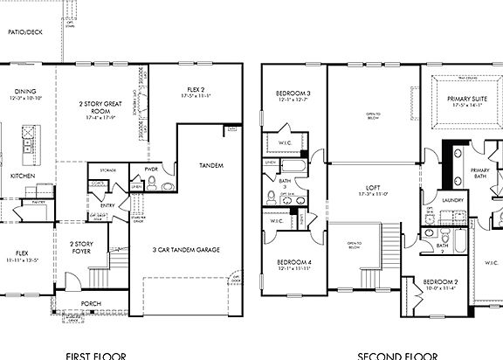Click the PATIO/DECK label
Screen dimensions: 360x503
click(x=24, y=31)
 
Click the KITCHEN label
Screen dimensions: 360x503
click(x=22, y=176)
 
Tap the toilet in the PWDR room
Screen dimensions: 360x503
click(x=151, y=183)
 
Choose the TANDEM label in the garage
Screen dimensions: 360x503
click(x=210, y=165)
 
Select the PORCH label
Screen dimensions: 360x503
click(x=90, y=303)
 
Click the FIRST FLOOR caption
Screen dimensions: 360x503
click(x=96, y=355)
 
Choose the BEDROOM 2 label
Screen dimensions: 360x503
click(x=439, y=282)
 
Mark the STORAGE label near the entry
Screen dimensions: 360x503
click(x=107, y=170)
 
